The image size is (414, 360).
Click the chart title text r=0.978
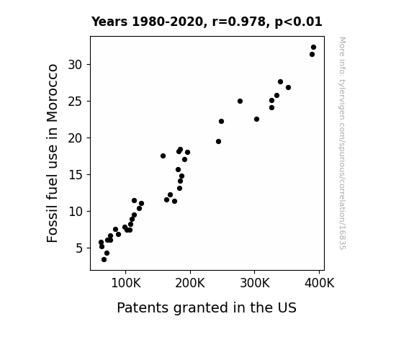pos(239,22)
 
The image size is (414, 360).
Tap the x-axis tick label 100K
pos(126,283)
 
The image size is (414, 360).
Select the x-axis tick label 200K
pos(190,283)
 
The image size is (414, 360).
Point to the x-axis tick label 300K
pos(255,283)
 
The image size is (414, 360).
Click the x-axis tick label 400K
pos(319,283)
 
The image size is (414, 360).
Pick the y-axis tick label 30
pos(76,65)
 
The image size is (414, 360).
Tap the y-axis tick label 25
pos(76,102)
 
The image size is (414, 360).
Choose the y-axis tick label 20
pos(76,138)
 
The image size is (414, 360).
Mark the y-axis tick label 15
pos(76,175)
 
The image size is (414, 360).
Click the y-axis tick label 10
pos(76,212)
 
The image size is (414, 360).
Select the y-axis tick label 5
pos(79,248)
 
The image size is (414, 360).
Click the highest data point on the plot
pos(313,48)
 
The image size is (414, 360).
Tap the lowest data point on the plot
pos(104,260)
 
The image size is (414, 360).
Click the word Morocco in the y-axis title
pos(53,93)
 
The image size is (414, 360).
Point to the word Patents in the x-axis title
pos(143,307)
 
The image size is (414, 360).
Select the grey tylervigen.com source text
pos(342,143)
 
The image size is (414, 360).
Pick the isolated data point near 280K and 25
pos(240,101)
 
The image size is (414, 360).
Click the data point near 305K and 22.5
pos(256,119)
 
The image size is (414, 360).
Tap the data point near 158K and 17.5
pos(163,156)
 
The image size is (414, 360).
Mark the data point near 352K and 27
pos(288,87)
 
